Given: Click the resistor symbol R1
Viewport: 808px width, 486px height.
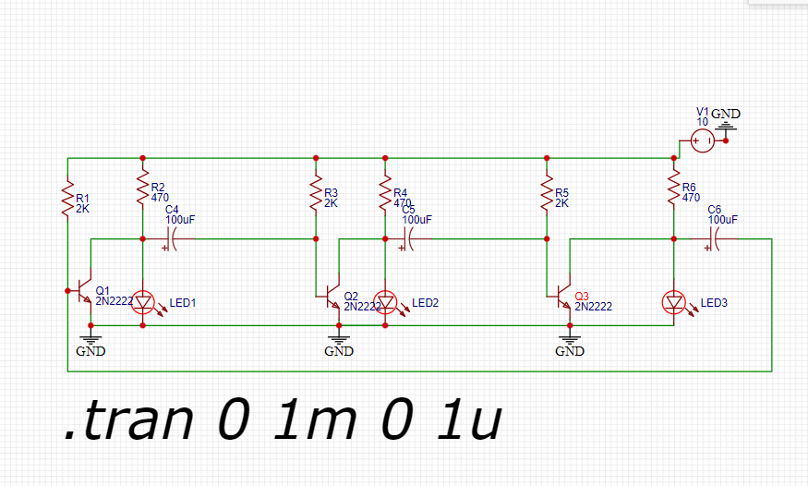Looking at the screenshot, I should [67, 200].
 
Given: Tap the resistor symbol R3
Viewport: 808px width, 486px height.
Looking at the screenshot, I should [316, 194].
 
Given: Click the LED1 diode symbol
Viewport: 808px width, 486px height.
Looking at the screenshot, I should [143, 302].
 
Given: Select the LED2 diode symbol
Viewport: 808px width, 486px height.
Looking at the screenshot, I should [386, 302].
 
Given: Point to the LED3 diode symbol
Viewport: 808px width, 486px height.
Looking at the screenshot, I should [674, 302].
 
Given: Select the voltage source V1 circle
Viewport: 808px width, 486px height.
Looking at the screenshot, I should [702, 140].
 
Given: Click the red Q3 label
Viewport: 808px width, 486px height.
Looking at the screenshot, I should [581, 296].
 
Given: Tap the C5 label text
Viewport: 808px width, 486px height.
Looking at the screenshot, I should [409, 211].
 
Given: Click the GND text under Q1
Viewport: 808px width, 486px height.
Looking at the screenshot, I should [90, 351].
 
